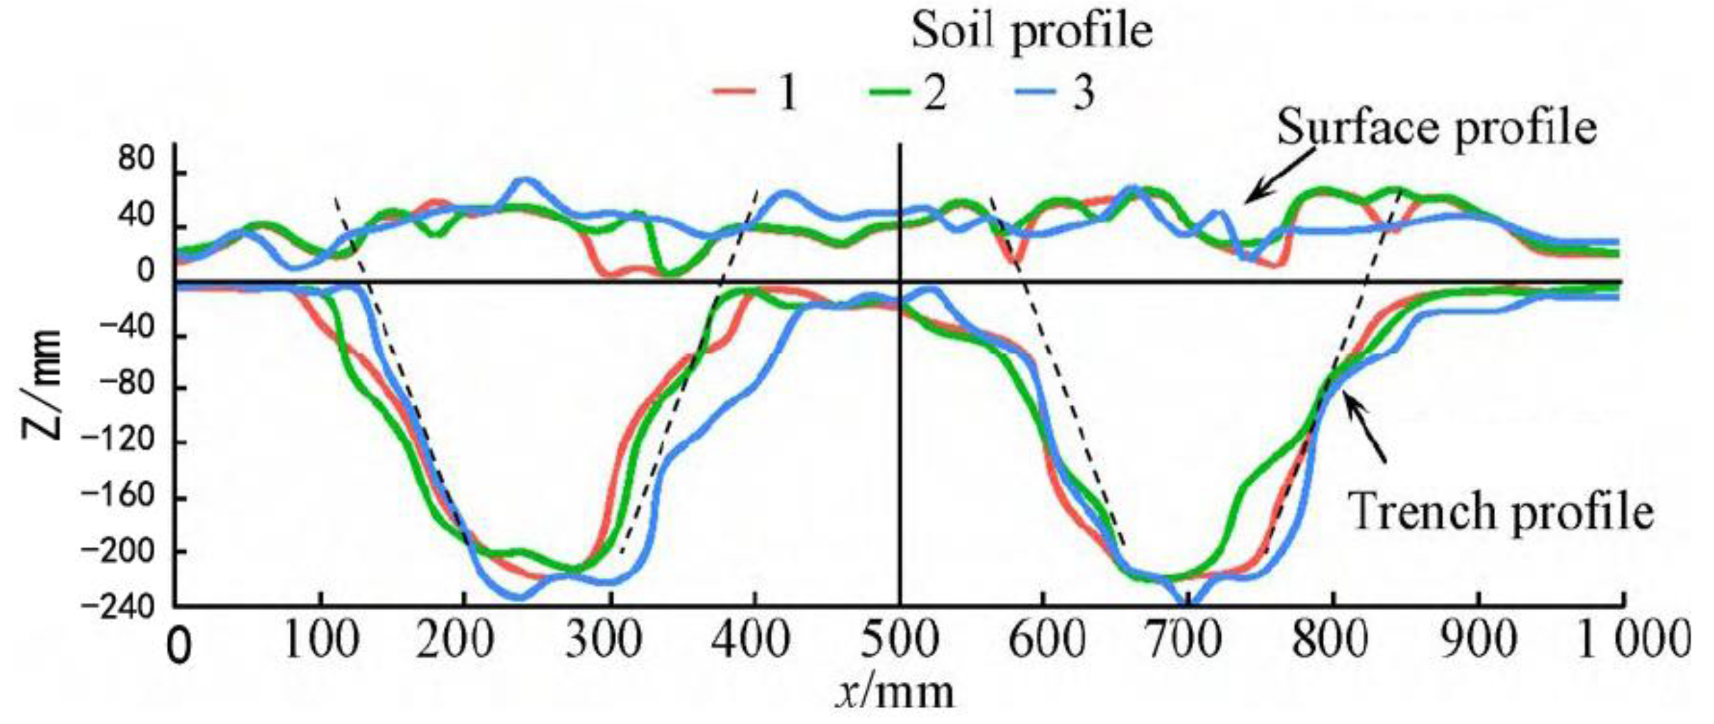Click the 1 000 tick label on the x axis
[x=1634, y=641]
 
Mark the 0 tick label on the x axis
[x=178, y=647]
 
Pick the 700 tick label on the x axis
[x=1188, y=641]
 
